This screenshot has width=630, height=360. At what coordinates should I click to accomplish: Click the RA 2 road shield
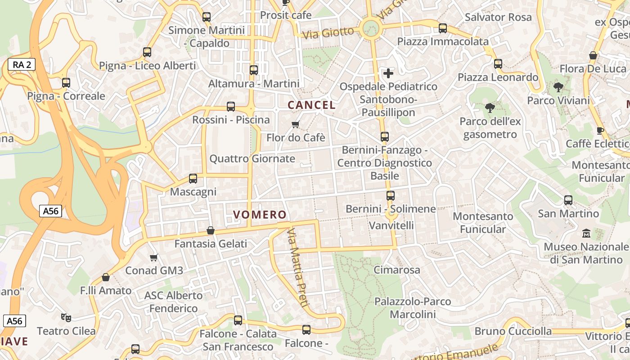(22, 65)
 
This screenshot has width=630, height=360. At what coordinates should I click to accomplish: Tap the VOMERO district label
(260, 215)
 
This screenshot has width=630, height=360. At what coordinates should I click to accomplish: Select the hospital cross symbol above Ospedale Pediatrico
(388, 73)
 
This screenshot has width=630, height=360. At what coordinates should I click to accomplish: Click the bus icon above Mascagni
(193, 179)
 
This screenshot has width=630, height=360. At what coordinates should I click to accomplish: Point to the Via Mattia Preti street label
(297, 267)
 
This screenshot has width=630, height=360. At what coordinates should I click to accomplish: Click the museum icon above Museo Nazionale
(586, 234)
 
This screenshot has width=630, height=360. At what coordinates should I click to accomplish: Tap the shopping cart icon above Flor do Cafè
(296, 124)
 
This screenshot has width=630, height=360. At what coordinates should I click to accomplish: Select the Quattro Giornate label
(252, 158)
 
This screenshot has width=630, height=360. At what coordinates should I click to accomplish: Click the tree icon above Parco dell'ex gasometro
(490, 108)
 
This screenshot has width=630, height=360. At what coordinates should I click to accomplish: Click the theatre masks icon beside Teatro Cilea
(66, 318)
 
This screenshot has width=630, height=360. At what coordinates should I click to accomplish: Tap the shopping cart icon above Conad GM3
(154, 257)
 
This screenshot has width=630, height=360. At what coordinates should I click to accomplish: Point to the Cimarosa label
(396, 270)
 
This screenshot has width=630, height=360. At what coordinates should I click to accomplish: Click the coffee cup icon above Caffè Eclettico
(600, 130)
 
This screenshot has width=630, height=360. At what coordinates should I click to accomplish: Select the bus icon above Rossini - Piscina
(231, 107)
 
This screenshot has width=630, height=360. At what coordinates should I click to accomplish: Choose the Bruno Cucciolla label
(513, 331)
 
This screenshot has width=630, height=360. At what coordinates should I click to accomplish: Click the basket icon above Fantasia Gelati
(210, 231)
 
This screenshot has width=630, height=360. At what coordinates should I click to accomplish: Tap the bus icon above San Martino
(568, 200)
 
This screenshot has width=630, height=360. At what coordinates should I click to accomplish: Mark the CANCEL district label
(311, 105)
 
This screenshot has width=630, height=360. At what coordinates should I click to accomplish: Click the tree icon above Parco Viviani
(558, 87)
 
